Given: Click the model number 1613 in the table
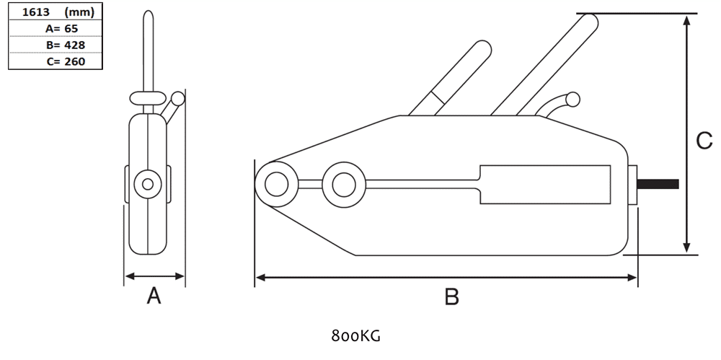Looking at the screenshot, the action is point(36,12).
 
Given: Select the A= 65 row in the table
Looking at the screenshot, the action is point(61,29).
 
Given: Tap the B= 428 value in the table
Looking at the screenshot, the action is point(66,45).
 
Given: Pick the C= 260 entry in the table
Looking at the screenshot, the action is point(66,61).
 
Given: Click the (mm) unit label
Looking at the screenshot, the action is point(79,12).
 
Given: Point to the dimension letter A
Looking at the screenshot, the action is point(154,296).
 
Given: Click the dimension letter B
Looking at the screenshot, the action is point(452,297).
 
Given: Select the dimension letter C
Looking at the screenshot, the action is point(704,141).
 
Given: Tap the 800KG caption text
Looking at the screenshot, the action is point(355,336).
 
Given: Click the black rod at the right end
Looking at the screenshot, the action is point(658,184).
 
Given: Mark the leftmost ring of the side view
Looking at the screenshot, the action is point(277,184).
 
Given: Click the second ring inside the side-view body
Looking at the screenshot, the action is point(344,184).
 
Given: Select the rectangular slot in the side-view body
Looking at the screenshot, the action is point(545,184).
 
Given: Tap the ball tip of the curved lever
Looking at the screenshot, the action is point(572,99).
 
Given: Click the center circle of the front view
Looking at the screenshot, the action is point(148,184).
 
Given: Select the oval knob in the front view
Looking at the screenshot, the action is point(147,98).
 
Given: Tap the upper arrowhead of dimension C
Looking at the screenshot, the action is point(686,21).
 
